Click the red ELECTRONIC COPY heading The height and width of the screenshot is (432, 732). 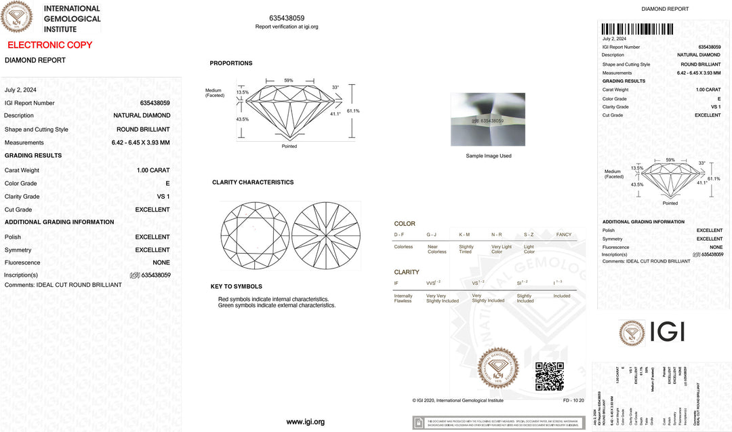click(x=49, y=45)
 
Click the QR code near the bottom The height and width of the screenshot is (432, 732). click(x=549, y=376)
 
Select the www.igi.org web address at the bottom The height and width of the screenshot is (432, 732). click(x=305, y=422)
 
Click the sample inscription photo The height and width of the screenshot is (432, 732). click(x=487, y=119)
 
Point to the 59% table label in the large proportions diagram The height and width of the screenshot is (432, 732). click(x=289, y=81)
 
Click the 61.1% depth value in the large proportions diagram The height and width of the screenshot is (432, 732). click(x=353, y=111)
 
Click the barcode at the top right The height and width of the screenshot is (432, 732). click(x=637, y=28)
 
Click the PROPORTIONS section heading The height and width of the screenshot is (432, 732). click(x=231, y=63)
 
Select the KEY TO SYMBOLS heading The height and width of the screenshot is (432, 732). click(x=237, y=286)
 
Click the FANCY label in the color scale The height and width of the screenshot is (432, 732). click(x=564, y=235)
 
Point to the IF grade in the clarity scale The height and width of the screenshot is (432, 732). click(x=397, y=283)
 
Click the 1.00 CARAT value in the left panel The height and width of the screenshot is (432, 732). click(x=153, y=170)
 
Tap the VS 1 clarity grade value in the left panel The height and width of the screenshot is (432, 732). click(x=163, y=197)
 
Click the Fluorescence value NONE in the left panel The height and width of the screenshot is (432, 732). click(x=161, y=262)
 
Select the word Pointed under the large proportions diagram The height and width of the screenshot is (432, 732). click(x=289, y=146)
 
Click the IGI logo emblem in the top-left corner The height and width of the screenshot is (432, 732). click(x=16, y=16)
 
